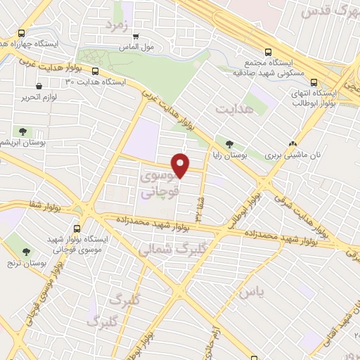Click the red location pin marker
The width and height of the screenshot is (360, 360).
[181, 165]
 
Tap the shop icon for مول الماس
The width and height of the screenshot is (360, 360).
[136, 36]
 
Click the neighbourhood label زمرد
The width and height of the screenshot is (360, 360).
[119, 25]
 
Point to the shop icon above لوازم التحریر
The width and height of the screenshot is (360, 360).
[38, 86]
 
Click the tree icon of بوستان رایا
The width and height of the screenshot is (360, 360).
[230, 144]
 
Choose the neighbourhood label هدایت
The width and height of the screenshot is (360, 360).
[233, 110]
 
